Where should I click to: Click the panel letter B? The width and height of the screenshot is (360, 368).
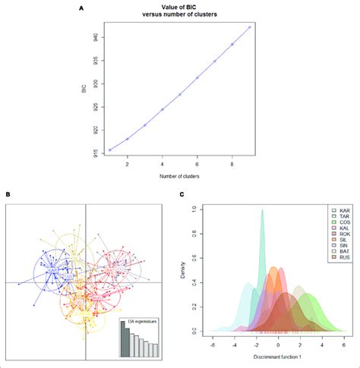[7, 196]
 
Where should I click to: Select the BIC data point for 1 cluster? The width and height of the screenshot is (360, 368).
[109, 150]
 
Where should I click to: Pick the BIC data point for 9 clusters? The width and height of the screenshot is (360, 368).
[250, 27]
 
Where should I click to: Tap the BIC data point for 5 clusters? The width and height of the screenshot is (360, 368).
[180, 95]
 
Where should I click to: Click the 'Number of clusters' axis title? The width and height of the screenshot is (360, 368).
[179, 176]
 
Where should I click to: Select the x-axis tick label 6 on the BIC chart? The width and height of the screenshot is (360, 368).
[197, 162]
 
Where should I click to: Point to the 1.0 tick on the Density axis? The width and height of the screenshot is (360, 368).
[199, 209]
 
